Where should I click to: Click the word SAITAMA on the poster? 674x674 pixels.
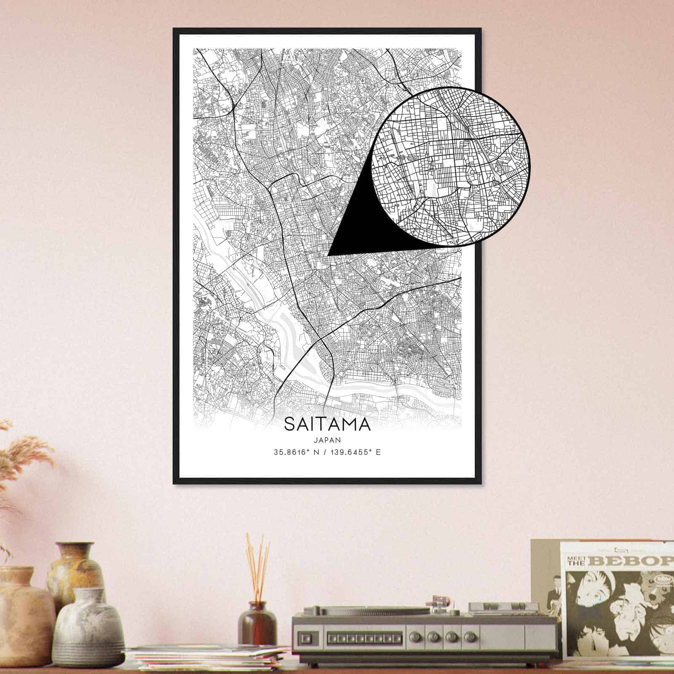[x=327, y=425]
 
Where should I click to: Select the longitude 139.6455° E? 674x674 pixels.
[x=355, y=453]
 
